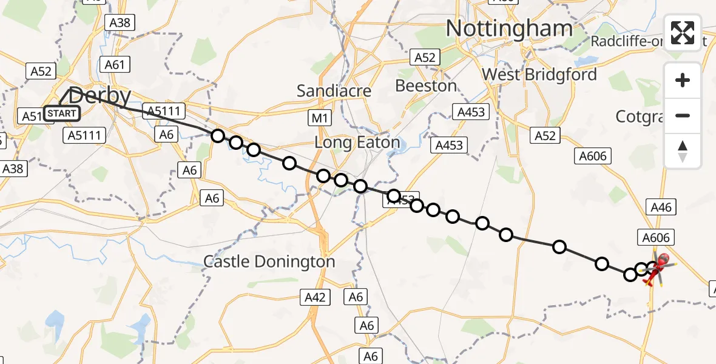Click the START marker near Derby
click(x=62, y=113)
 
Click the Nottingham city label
click(x=509, y=29)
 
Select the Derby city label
click(x=100, y=96)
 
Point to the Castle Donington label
click(x=269, y=261)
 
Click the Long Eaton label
click(x=357, y=143)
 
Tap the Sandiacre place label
click(x=334, y=91)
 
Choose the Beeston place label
click(x=426, y=86)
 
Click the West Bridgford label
click(x=539, y=75)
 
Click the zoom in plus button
click(x=683, y=80)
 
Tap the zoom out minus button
click(x=683, y=115)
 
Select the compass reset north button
click(x=683, y=150)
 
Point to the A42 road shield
click(x=315, y=297)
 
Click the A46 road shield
click(x=661, y=207)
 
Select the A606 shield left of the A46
click(x=592, y=156)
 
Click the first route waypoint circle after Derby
click(x=218, y=136)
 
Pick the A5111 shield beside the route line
click(x=162, y=110)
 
